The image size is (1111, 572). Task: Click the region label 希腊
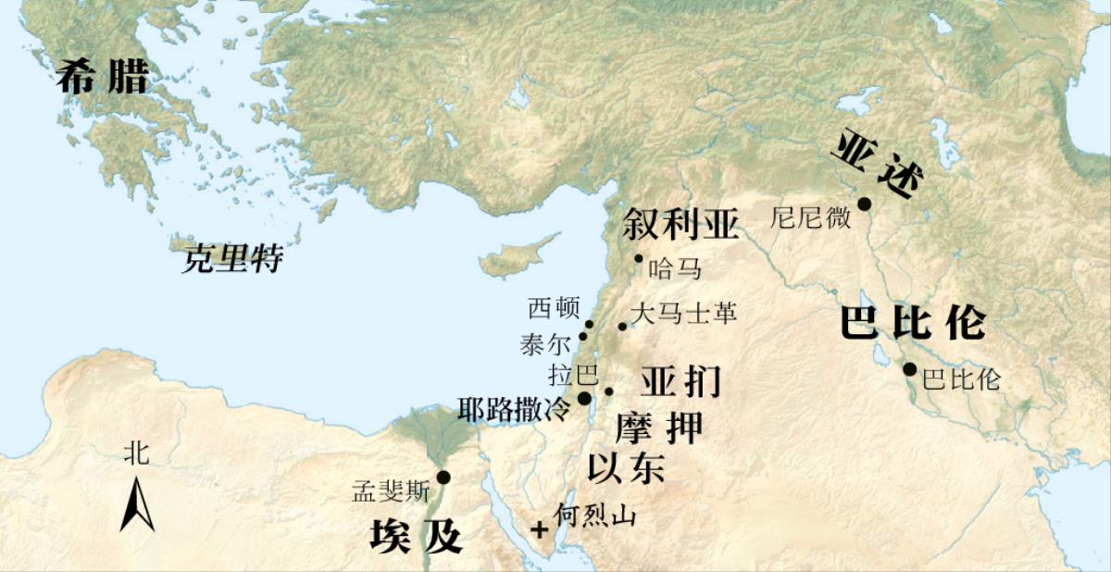pos(102,77)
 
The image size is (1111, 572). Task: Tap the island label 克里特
pos(232,258)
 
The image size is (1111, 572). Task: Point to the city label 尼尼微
pos(811,218)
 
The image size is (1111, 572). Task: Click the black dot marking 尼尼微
pos(864,204)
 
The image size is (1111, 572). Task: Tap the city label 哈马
pos(674,269)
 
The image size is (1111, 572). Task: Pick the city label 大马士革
pos(682,315)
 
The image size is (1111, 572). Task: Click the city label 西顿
pos(554,307)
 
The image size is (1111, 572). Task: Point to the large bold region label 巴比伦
pos(912,323)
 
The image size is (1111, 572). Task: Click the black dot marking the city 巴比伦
pos(910,369)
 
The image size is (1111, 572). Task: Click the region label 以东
pos(626,467)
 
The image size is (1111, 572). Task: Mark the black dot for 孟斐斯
pos(443,477)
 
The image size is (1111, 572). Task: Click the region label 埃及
pos(416,536)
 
